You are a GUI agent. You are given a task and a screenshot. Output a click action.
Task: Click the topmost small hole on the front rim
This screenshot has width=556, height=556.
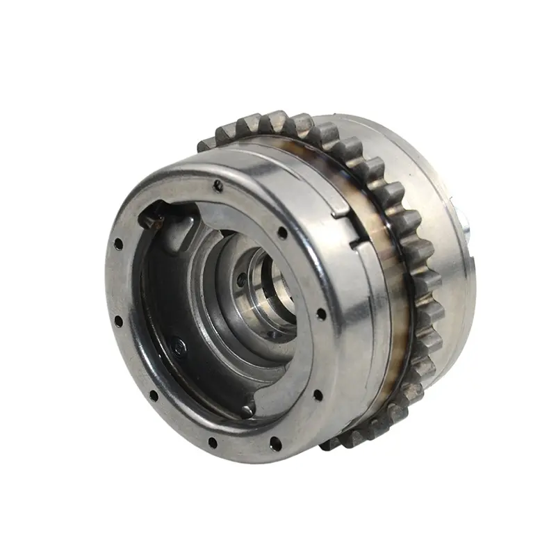[x=218, y=184]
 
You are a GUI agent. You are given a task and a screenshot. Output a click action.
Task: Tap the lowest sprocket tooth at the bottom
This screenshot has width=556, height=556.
[x=332, y=443]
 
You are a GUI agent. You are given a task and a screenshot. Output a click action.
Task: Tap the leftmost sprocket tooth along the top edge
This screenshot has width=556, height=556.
[x=207, y=144]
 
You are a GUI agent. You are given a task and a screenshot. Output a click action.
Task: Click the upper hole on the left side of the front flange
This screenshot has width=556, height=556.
[x=119, y=245]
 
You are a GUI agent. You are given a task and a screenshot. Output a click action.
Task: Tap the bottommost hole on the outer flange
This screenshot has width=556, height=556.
[x=212, y=442]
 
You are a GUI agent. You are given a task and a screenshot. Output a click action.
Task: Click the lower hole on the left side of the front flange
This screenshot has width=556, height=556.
[x=118, y=321]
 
